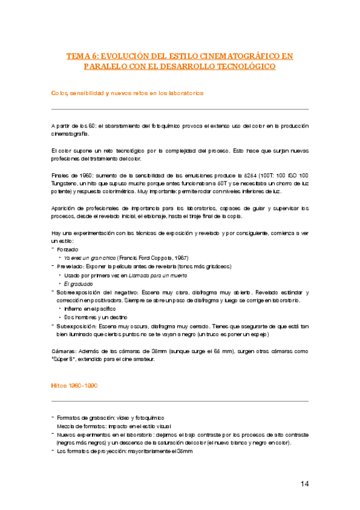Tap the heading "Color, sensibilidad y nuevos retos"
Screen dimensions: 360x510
click(x=127, y=93)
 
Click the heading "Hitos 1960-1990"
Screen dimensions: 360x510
click(x=75, y=384)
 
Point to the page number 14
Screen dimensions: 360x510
click(x=304, y=484)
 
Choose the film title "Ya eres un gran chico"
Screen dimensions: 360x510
click(x=88, y=257)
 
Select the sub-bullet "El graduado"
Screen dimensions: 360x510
click(x=80, y=283)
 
